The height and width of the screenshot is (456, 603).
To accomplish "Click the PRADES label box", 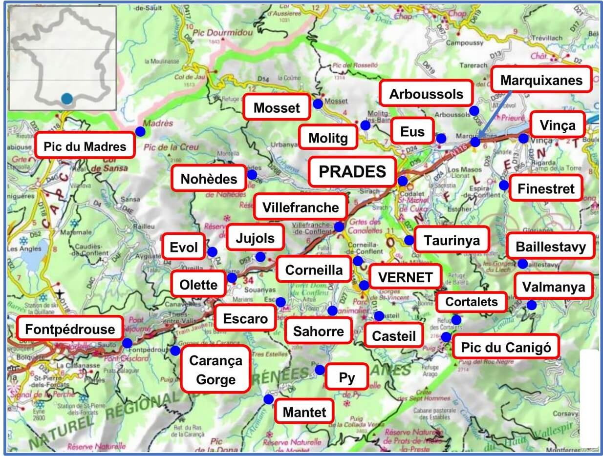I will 352,171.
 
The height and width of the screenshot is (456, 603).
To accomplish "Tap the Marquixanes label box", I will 541,80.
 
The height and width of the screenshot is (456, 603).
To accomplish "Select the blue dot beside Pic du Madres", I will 140,131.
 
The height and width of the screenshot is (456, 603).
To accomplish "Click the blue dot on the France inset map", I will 67,99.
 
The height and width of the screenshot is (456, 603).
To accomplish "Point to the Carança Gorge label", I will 215,370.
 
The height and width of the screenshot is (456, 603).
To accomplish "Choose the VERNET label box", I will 405,277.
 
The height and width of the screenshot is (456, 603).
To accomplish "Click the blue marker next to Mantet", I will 268,399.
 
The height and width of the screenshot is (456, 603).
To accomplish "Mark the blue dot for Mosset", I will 318,104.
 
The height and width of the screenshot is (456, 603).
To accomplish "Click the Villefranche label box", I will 301,207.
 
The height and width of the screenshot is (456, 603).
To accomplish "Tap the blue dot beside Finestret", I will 503,185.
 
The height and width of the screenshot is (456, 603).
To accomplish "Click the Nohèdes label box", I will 209,179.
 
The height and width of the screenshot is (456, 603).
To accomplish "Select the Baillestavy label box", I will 551,247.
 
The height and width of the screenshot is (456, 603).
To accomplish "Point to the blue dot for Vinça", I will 523,138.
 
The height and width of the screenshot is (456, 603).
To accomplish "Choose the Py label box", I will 347,377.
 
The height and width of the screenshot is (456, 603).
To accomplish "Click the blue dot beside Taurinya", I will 409,240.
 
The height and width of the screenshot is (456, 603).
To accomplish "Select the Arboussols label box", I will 426,94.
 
